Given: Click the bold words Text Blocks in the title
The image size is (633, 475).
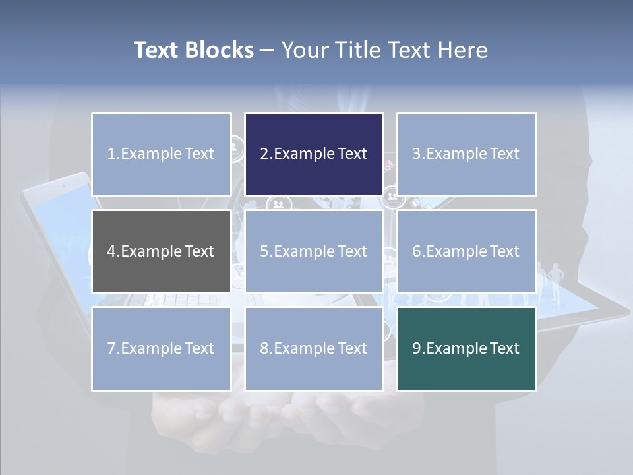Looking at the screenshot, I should tap(193, 50).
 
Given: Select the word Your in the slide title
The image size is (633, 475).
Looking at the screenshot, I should tap(307, 50).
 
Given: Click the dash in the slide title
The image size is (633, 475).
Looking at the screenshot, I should tap(267, 50).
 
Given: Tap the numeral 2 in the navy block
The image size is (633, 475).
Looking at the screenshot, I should tap(264, 154).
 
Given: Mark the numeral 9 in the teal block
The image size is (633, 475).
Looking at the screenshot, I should tap(416, 348).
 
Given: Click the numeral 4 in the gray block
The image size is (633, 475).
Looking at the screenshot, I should tap(111, 251).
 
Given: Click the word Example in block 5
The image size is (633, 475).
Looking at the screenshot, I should tap(303, 251).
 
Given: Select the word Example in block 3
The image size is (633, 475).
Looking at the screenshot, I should tap(456, 154).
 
